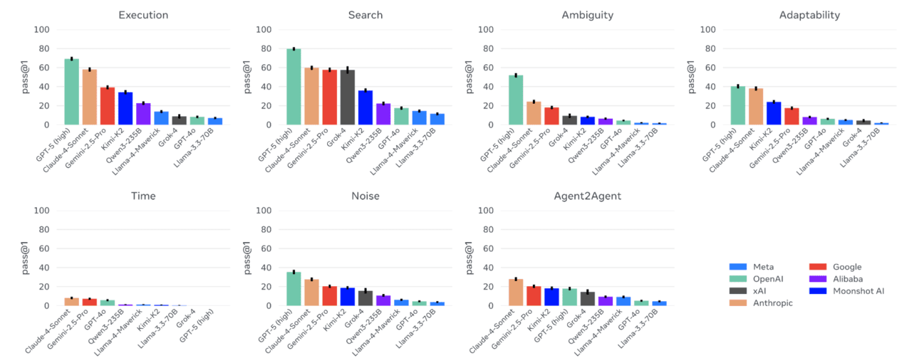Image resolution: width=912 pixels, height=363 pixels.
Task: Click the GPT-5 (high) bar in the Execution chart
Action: [x=71, y=92]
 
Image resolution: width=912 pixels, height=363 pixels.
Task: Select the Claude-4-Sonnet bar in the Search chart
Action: [x=311, y=96]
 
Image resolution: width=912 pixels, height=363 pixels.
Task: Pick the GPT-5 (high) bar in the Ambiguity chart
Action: [x=517, y=100]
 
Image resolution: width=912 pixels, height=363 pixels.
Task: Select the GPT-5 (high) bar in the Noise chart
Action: [x=294, y=289]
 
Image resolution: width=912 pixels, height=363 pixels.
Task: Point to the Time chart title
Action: [x=143, y=196]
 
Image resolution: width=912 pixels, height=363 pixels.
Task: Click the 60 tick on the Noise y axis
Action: [x=263, y=248]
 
